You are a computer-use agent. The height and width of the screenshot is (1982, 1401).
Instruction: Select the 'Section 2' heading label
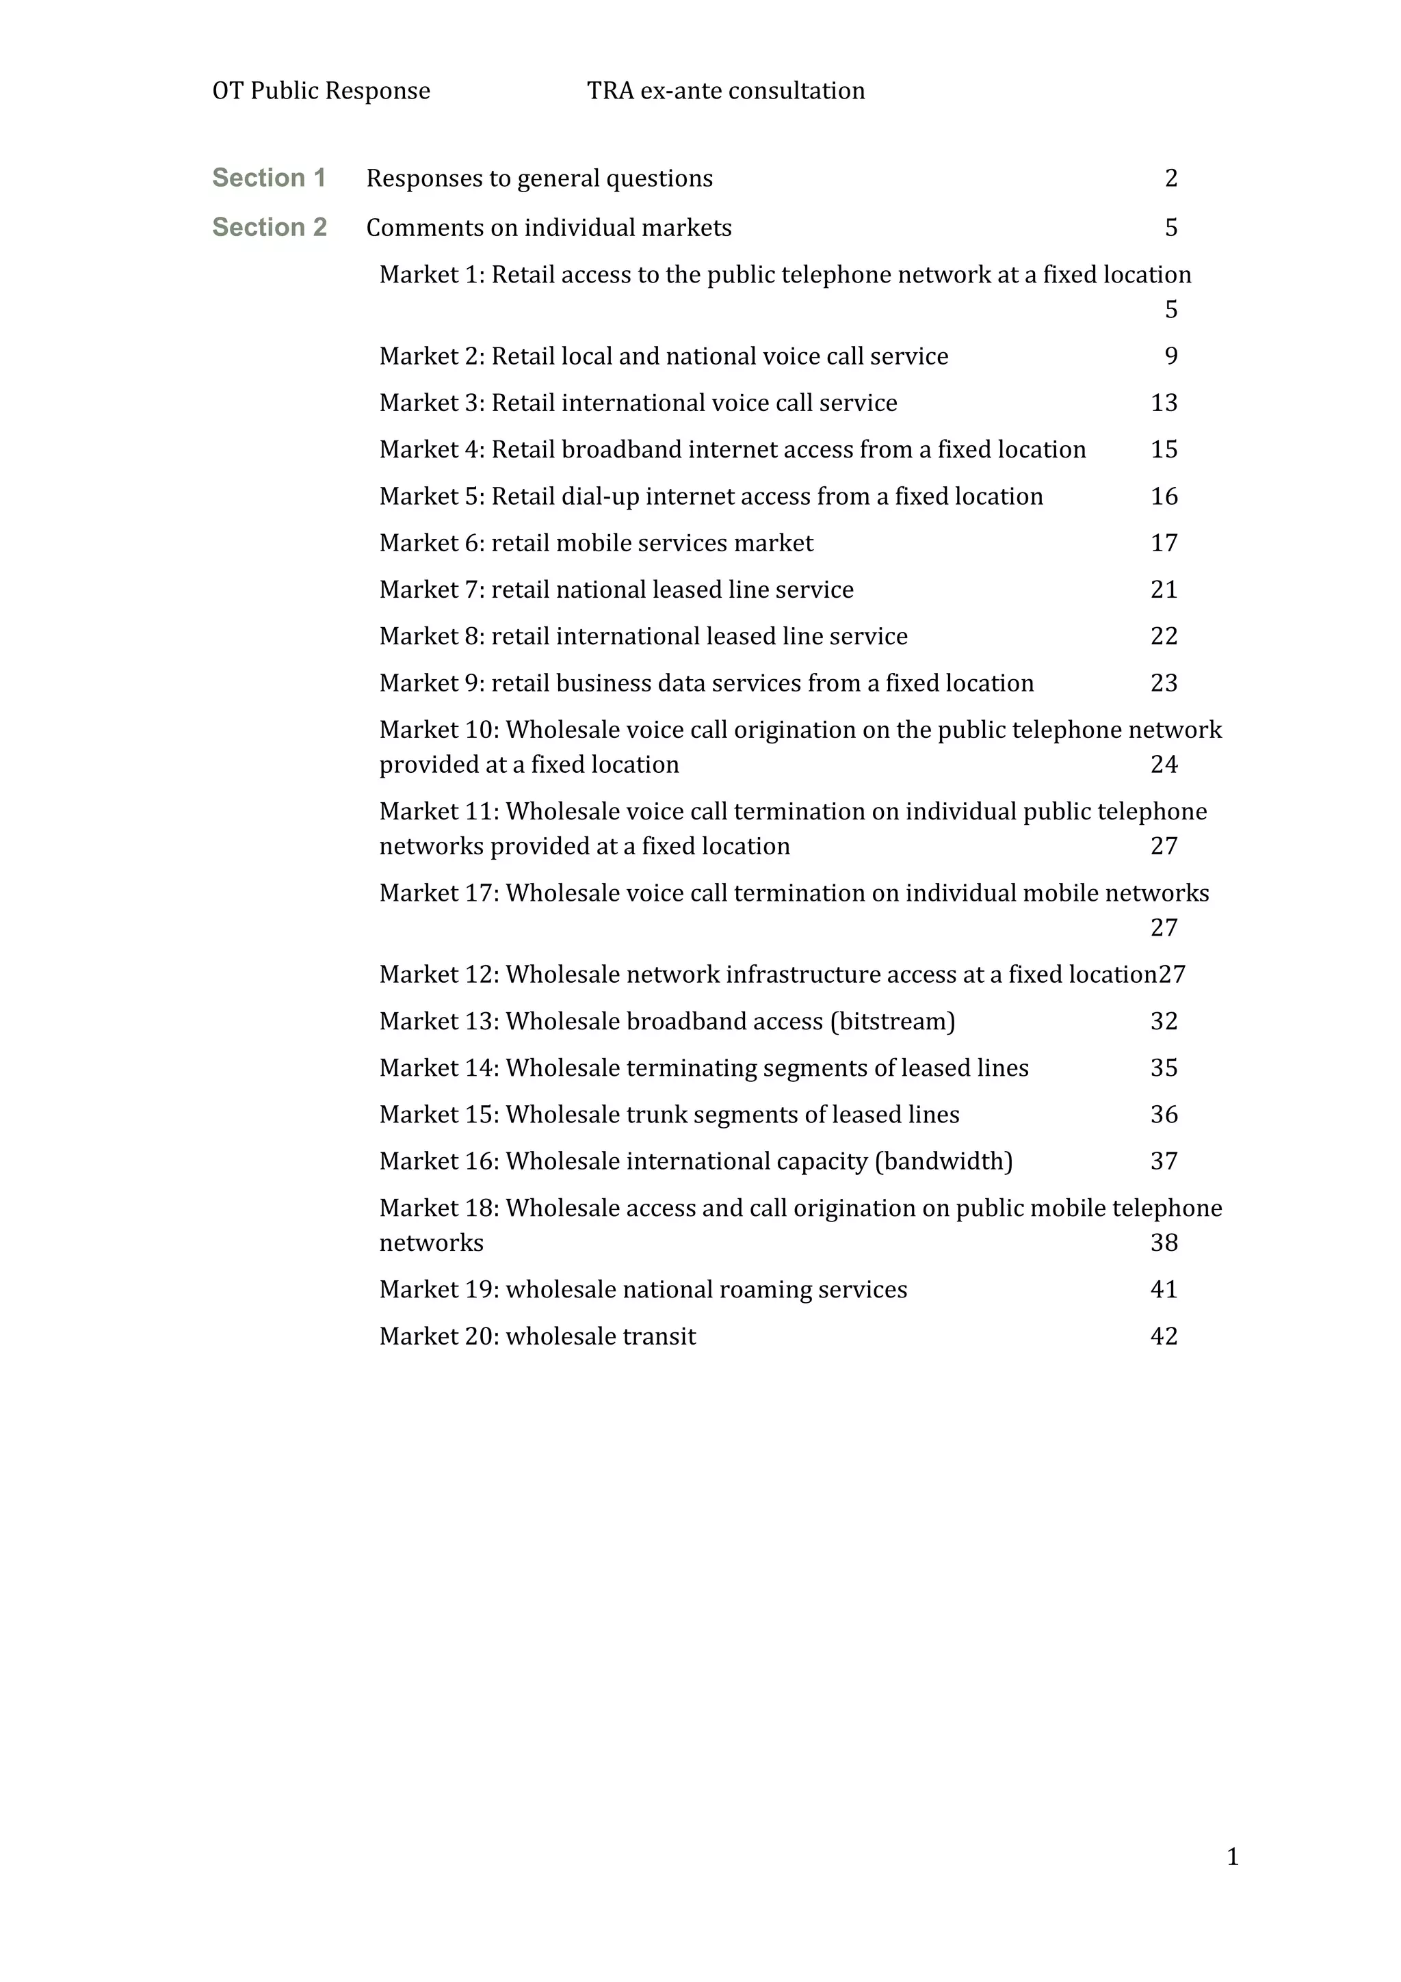[x=270, y=227]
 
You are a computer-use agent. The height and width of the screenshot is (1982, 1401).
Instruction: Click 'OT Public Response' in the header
[x=321, y=91]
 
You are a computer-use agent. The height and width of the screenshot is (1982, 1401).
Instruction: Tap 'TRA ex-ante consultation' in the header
[x=725, y=91]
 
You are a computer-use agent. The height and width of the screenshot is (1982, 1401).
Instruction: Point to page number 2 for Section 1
[x=1170, y=178]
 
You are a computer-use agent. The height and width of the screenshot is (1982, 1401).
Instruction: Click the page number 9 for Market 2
[x=1170, y=356]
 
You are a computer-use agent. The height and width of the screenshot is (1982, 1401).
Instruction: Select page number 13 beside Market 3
[x=1164, y=403]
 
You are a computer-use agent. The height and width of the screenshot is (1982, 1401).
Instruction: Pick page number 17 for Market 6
[x=1164, y=543]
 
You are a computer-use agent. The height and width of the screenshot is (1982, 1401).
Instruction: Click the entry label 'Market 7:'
[x=432, y=590]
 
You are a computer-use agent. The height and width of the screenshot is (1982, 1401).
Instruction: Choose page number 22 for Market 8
[x=1164, y=636]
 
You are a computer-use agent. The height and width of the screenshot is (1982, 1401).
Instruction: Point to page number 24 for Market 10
[x=1164, y=765]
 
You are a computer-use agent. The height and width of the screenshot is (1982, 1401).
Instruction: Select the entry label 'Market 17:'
[x=438, y=893]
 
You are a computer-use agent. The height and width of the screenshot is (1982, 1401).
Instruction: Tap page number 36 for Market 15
[x=1164, y=1114]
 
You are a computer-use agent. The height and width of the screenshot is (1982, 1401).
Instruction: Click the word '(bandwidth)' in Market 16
[x=943, y=1161]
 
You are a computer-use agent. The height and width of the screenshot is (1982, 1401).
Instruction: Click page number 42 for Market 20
[x=1164, y=1336]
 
